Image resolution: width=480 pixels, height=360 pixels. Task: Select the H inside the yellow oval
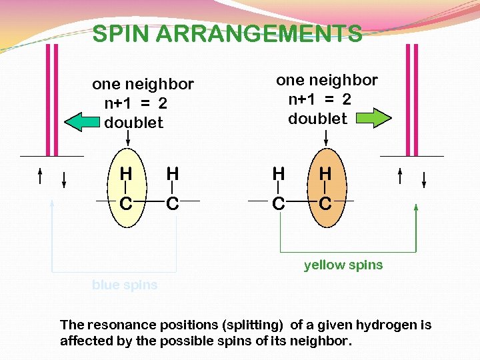point(125,173)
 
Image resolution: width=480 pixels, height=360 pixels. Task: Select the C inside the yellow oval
point(125,203)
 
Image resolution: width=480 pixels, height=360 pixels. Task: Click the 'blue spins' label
point(125,285)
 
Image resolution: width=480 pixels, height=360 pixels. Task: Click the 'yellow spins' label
point(343,265)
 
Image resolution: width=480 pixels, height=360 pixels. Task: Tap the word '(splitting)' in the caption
point(251,325)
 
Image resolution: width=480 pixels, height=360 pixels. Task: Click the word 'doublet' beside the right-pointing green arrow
point(317,119)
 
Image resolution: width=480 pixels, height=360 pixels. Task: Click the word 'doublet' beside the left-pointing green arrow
point(134,123)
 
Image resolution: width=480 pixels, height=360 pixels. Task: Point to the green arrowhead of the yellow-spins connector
point(416,208)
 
